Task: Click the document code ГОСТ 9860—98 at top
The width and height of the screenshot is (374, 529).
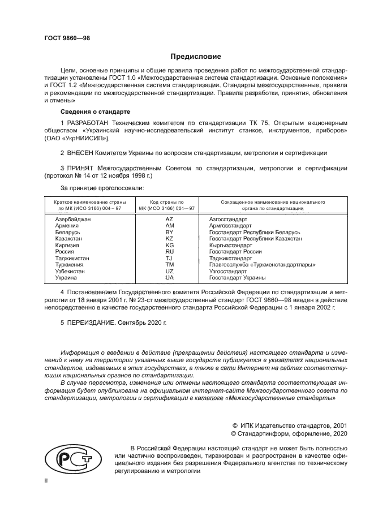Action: click(x=67, y=38)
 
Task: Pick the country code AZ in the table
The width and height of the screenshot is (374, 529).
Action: click(x=169, y=218)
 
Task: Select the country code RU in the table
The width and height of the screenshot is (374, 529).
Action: click(x=169, y=252)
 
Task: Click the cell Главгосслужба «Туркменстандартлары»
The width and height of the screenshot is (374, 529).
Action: click(x=262, y=265)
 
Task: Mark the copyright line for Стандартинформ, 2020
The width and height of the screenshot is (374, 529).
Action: click(x=285, y=433)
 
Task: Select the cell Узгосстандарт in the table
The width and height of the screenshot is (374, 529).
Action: click(x=228, y=272)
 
